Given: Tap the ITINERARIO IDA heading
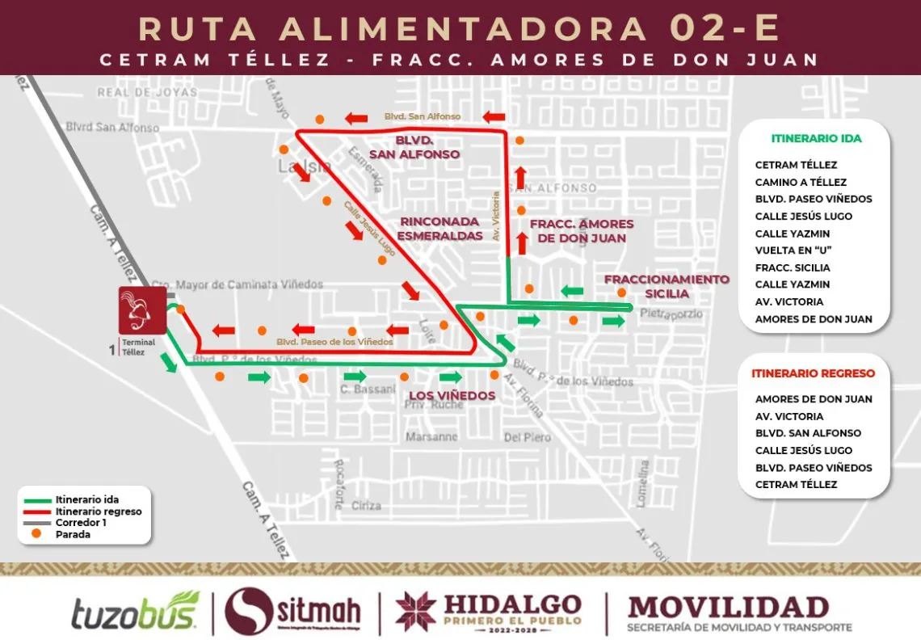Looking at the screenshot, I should tap(816, 138).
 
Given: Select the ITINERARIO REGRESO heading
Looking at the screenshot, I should tap(813, 373).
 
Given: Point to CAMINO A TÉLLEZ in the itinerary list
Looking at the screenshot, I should tap(801, 183).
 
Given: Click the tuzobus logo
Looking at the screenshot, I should tap(135, 613).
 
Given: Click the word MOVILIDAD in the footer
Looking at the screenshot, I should tap(728, 607).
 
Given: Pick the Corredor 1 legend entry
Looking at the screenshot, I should tap(81, 523).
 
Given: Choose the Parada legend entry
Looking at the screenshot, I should tap(73, 534).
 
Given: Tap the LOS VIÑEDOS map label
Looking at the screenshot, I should tap(452, 395).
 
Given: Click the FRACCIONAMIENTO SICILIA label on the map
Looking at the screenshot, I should tap(667, 286).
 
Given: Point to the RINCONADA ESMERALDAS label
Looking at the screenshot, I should tap(440, 229).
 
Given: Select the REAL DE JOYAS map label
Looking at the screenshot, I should tap(147, 92).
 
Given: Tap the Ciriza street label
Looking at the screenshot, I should tap(366, 506).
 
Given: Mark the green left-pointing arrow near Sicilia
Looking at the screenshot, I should tap(572, 291).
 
